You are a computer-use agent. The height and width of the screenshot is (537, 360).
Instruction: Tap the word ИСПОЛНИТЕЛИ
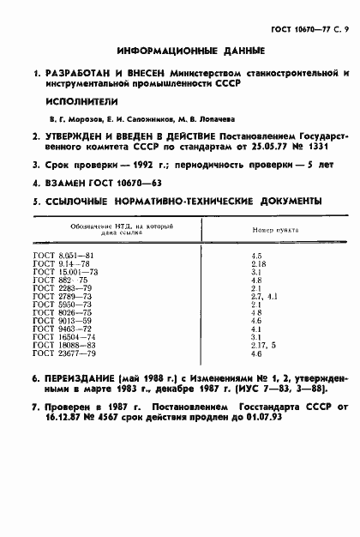coord(76,100)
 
